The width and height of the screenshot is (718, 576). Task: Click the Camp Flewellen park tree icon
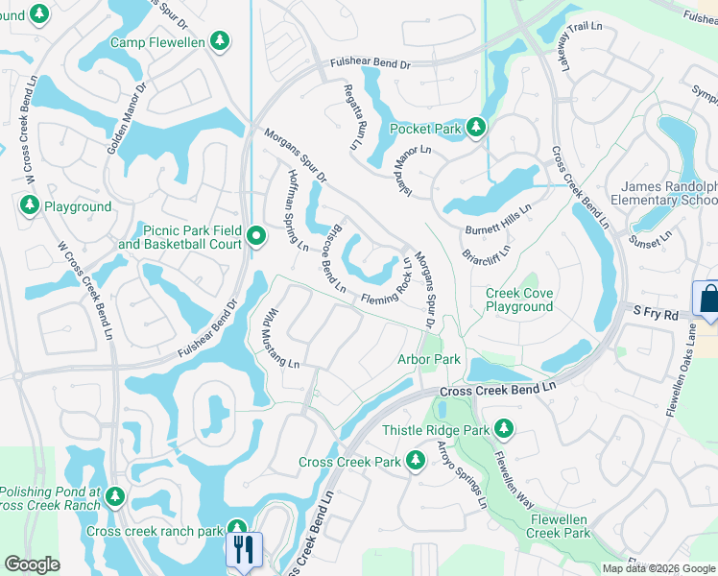(x=221, y=41)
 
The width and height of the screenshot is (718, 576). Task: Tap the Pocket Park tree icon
(x=476, y=128)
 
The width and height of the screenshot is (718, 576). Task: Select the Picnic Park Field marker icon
(x=255, y=235)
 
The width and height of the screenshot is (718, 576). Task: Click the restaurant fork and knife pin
(x=242, y=549)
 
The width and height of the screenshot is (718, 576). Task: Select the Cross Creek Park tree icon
(x=416, y=462)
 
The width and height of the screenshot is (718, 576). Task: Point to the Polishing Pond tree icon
(x=115, y=497)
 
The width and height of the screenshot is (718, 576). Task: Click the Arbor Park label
(x=429, y=359)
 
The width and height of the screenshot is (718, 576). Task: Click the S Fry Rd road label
(x=656, y=313)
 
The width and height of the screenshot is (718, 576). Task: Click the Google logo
(x=32, y=564)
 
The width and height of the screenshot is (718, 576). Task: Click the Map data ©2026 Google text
(x=658, y=568)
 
